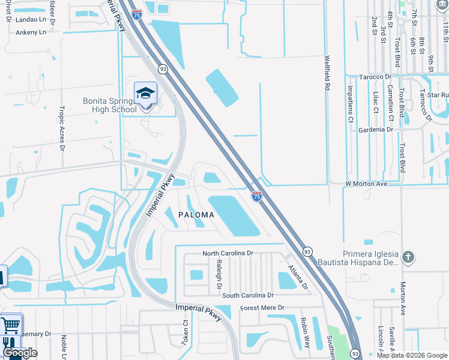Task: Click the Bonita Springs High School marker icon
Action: (x=145, y=94)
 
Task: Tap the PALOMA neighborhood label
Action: (x=196, y=215)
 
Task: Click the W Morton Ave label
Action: (x=366, y=184)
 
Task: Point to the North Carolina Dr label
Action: (x=228, y=253)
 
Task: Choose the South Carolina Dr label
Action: (x=247, y=295)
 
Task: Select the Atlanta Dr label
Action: (x=297, y=277)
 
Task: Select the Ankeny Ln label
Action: (x=31, y=32)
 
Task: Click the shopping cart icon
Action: (x=11, y=325)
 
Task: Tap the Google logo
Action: (x=20, y=353)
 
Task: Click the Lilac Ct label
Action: (x=375, y=102)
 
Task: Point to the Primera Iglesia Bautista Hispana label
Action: (x=371, y=258)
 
